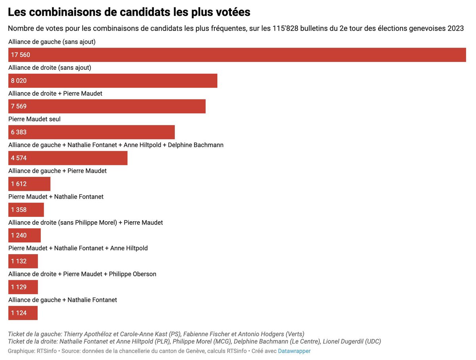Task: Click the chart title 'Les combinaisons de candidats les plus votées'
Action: (x=129, y=12)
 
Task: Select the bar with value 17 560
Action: (x=237, y=55)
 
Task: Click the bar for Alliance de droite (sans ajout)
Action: (x=113, y=81)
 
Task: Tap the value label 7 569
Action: (x=19, y=107)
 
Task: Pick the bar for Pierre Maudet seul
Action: (x=91, y=132)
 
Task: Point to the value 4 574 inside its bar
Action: (x=19, y=158)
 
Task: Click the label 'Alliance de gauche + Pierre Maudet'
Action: (x=58, y=171)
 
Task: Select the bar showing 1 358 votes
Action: (x=26, y=210)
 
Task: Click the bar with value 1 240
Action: (x=24, y=236)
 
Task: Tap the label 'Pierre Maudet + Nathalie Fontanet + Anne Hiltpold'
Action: (x=78, y=248)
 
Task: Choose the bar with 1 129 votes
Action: (x=23, y=287)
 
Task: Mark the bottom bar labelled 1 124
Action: (x=23, y=313)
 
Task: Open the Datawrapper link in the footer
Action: (x=294, y=351)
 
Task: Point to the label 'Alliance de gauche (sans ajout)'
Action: (x=52, y=42)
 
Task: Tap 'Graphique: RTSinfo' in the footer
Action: (x=33, y=351)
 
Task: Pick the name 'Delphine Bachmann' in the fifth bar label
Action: (x=196, y=145)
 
